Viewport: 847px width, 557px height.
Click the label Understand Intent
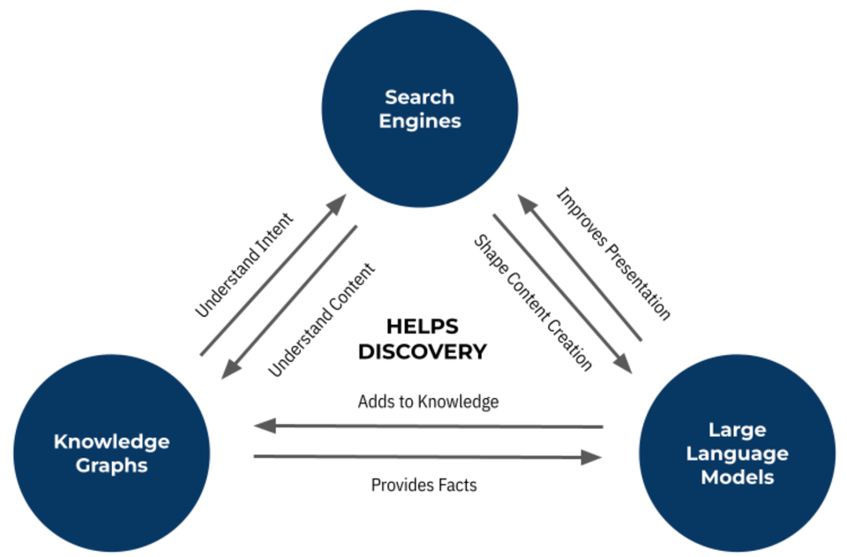pyautogui.click(x=244, y=265)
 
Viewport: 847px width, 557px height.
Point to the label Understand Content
pyautogui.click(x=322, y=320)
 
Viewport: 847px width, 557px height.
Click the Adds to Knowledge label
pyautogui.click(x=428, y=402)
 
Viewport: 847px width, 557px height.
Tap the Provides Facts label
pyautogui.click(x=423, y=485)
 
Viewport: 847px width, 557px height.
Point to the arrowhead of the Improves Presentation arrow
pyautogui.click(x=528, y=204)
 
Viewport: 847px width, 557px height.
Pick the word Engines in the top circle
pyautogui.click(x=420, y=121)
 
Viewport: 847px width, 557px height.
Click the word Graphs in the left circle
pyautogui.click(x=111, y=464)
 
